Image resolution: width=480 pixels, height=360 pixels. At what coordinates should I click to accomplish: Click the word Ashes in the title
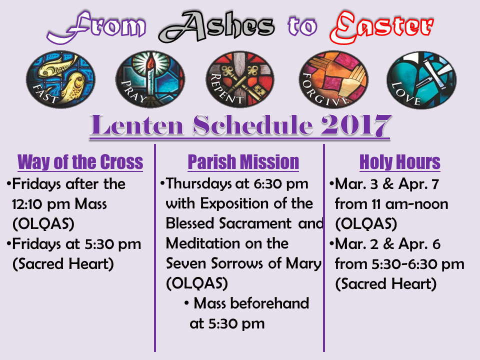point(216,26)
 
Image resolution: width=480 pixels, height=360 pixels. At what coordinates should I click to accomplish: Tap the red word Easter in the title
point(381,27)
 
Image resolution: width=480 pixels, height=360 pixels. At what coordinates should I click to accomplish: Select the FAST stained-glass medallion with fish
point(60,79)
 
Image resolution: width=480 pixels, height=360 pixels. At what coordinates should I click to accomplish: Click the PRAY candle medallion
point(150,79)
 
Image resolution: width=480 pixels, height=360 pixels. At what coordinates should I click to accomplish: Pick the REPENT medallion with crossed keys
point(240,79)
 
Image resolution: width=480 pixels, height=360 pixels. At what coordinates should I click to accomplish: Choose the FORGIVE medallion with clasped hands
point(333,79)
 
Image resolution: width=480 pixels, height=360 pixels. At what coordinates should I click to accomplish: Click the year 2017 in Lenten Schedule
point(356,125)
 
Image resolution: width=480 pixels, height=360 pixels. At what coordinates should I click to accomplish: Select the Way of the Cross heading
point(80,162)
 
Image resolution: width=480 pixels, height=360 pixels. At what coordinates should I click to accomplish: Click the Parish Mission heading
point(243,162)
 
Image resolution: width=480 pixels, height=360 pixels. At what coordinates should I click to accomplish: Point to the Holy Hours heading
point(400,162)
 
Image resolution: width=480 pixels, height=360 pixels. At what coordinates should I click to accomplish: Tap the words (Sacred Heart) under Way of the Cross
point(63,264)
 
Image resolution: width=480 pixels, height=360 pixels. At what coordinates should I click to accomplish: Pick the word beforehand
point(269,303)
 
